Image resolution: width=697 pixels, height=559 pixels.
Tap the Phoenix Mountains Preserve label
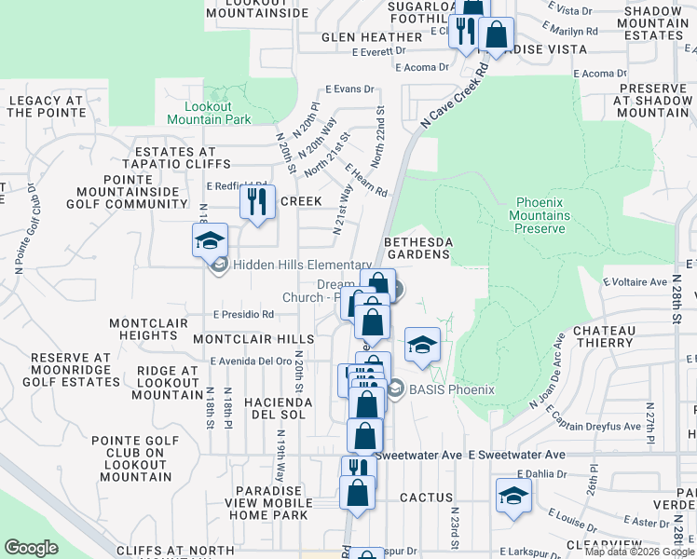tap(541, 215)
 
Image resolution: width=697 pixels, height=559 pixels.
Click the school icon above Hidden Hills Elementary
tap(211, 242)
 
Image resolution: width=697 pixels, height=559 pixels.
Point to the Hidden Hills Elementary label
tap(289, 266)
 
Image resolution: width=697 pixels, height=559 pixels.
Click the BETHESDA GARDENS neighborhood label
tap(418, 248)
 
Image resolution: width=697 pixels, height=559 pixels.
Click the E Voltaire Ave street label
tap(635, 281)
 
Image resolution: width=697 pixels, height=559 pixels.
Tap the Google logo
tap(32, 548)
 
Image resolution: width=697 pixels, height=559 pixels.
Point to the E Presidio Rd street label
tap(242, 315)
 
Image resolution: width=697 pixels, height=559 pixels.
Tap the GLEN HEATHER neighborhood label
tap(372, 37)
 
